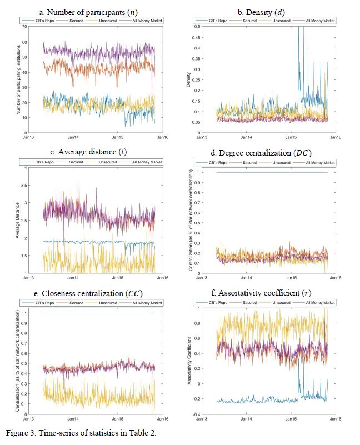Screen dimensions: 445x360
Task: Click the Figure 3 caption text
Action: tap(78, 432)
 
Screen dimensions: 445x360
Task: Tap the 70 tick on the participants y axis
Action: tap(24, 26)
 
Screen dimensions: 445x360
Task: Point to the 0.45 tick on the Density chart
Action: tap(197, 37)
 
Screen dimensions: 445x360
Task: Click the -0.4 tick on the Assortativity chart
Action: tap(197, 414)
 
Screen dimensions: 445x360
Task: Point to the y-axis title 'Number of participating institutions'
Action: tap(18, 79)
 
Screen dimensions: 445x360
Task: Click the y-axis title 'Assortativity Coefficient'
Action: tap(191, 358)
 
